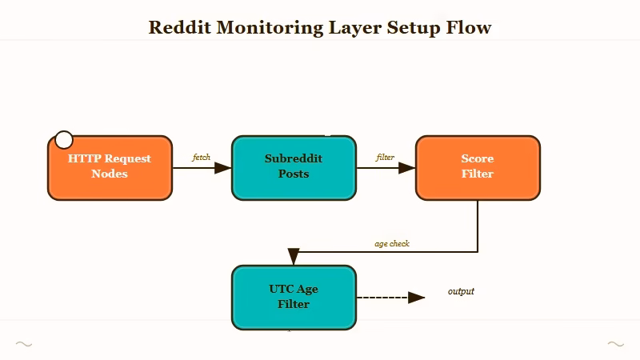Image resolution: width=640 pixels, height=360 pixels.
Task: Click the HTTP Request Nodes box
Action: (110, 167)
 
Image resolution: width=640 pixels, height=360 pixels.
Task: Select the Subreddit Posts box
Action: (294, 167)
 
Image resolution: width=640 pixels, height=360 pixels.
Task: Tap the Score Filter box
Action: (478, 167)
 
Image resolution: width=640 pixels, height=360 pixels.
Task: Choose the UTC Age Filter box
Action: (294, 297)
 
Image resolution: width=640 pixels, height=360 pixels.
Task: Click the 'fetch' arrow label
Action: (202, 158)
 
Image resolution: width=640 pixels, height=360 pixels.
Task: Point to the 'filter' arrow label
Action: (386, 158)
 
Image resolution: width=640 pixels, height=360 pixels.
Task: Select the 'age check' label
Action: (392, 243)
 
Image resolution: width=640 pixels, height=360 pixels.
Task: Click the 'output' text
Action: (461, 291)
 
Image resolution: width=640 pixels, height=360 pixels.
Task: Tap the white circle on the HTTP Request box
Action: (63, 140)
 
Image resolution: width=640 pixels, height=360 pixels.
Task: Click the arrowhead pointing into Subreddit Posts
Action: (223, 168)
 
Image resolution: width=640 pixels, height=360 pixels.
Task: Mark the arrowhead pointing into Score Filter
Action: (407, 168)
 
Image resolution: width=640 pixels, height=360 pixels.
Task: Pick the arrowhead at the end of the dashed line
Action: (416, 298)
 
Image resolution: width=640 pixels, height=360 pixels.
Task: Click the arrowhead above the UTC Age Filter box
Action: (294, 257)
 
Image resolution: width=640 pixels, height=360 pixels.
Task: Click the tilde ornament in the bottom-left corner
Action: (24, 344)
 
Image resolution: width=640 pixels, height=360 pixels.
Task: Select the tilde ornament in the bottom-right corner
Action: (615, 344)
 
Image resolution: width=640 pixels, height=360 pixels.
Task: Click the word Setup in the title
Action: (413, 27)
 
